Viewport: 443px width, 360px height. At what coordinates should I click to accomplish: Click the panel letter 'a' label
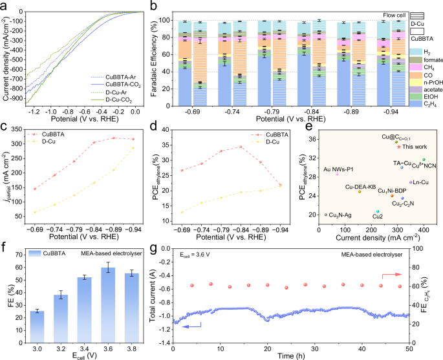5,5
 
